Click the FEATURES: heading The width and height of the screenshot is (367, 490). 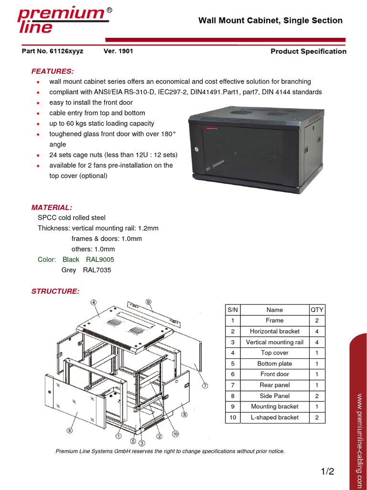click(53, 71)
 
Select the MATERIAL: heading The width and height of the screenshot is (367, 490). click(52, 207)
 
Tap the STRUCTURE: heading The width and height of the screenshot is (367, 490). click(55, 291)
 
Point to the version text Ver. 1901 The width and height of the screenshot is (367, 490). click(118, 51)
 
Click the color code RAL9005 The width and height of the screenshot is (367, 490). click(100, 259)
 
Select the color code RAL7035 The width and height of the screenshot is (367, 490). click(97, 270)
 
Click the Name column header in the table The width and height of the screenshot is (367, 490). click(275, 310)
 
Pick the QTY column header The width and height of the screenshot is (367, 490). click(317, 310)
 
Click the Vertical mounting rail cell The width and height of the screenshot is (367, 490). click(275, 342)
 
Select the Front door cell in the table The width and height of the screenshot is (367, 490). click(275, 374)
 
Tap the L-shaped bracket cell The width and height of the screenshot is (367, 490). click(275, 417)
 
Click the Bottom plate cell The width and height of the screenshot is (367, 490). click(275, 364)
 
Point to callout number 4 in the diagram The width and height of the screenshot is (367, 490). click(94, 302)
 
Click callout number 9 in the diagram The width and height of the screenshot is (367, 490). click(149, 301)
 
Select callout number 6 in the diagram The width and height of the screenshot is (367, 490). click(70, 431)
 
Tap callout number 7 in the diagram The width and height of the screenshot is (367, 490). click(205, 385)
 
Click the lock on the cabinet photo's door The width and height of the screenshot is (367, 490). click(196, 149)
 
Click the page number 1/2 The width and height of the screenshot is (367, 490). click(327, 471)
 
